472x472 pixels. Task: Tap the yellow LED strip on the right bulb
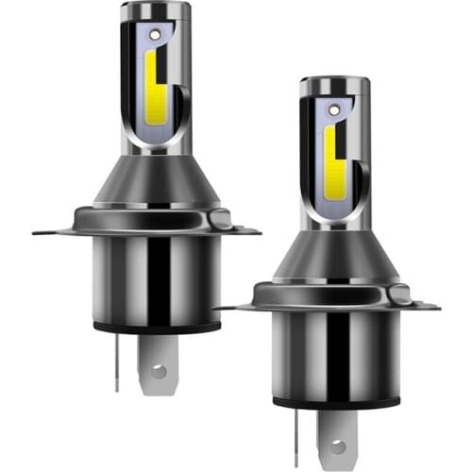[329, 156]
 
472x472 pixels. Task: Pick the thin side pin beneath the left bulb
[116, 363]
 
